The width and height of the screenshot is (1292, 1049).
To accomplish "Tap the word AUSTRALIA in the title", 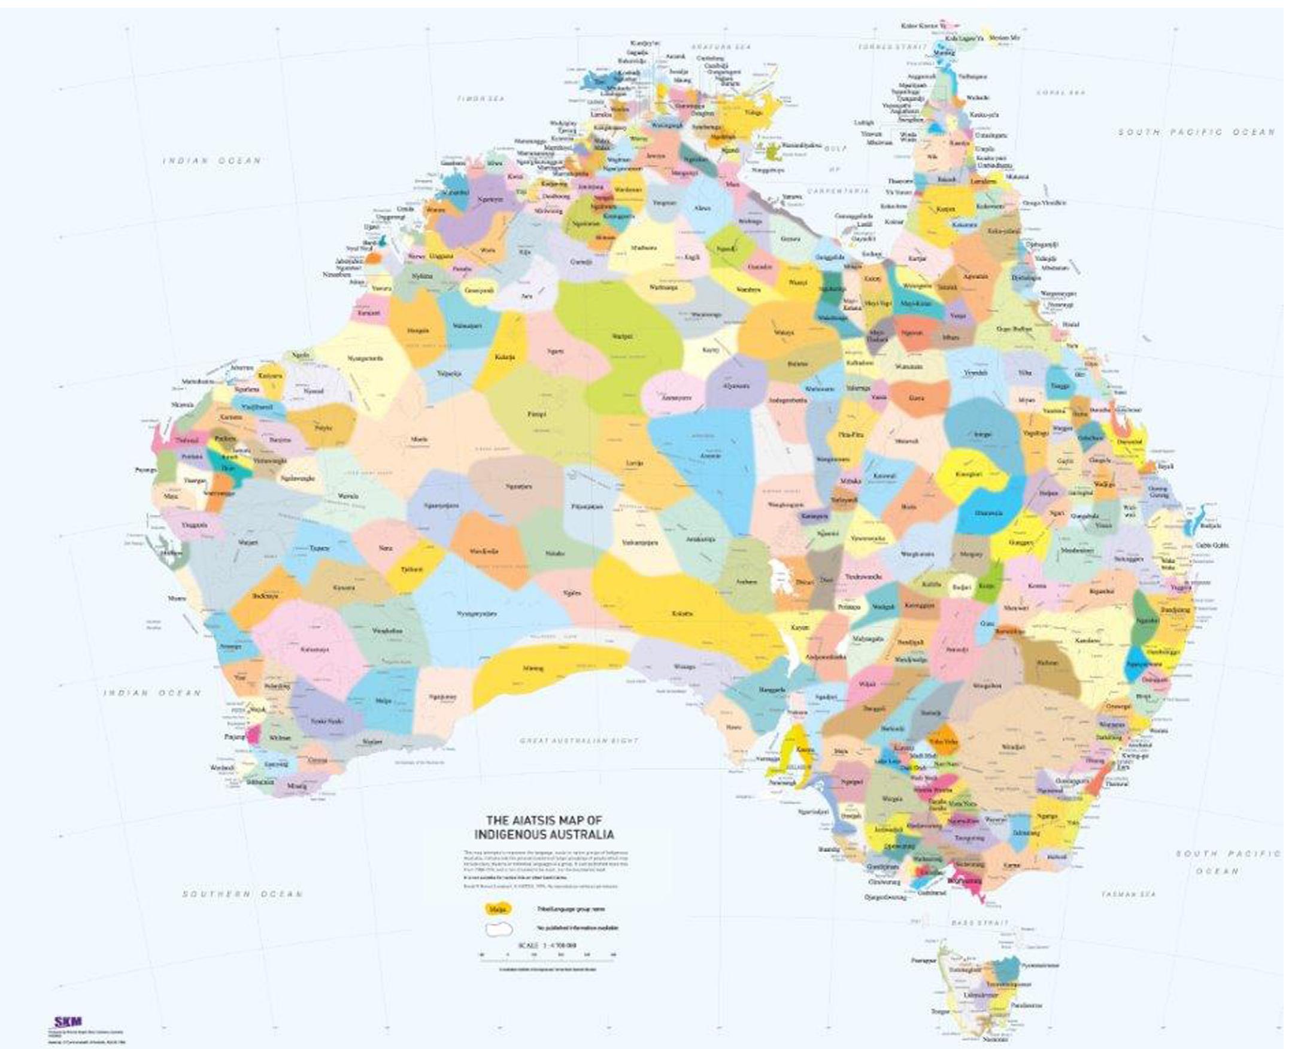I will (x=584, y=835).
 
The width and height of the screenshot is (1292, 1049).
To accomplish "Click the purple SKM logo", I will (x=68, y=1022).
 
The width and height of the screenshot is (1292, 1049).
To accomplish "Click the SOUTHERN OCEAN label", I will (x=242, y=894).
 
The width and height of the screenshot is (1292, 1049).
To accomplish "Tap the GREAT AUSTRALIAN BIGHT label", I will (x=579, y=740).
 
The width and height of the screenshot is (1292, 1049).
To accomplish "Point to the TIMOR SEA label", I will (x=480, y=98).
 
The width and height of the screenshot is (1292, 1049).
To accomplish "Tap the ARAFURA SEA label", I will (x=721, y=47).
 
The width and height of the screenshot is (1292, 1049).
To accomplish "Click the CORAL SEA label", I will (x=1060, y=92).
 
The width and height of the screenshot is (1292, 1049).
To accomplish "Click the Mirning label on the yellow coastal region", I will (x=533, y=668).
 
